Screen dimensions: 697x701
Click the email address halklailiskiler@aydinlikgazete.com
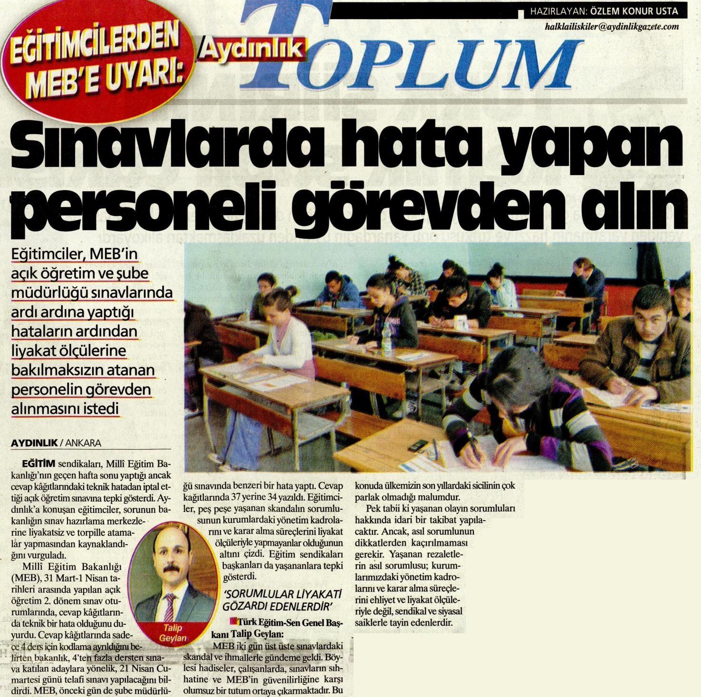click(612, 27)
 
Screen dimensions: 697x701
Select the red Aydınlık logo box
click(255, 49)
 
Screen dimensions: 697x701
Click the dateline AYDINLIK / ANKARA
click(56, 442)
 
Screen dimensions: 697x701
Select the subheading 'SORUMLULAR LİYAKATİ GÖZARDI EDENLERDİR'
click(283, 600)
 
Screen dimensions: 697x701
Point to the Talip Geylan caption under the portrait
click(173, 633)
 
